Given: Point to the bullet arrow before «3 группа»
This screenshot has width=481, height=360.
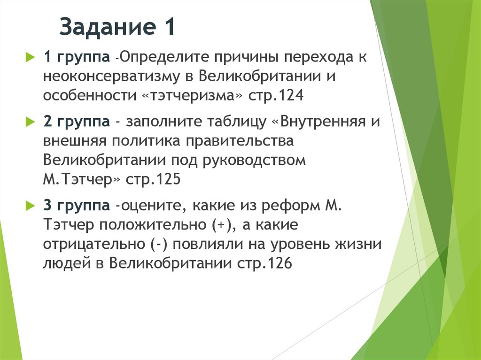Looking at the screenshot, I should pos(29,205).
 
